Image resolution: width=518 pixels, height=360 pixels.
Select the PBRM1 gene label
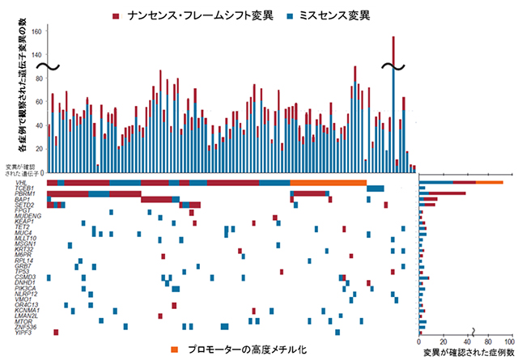(x=23, y=194)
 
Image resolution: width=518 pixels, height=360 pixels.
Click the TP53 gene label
(x=20, y=271)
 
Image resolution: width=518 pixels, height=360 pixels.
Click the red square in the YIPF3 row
(x=56, y=332)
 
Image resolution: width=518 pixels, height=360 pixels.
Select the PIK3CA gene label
(x=23, y=287)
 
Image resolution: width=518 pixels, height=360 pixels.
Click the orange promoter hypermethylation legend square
(x=174, y=349)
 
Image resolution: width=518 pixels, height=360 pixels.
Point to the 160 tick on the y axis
(x=39, y=28)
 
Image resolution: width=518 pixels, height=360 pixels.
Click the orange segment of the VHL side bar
(x=489, y=183)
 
